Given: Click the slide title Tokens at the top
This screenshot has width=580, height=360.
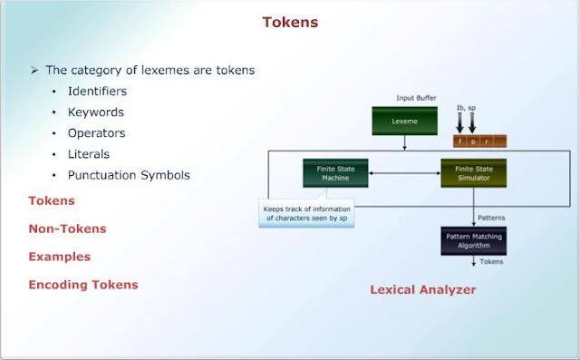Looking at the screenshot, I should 290,22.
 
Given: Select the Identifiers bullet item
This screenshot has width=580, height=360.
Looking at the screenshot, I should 97,92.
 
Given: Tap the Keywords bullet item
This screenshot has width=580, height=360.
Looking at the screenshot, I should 95,112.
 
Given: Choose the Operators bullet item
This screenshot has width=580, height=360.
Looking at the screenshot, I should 96,133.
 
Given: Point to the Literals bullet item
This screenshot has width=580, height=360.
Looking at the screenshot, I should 90,154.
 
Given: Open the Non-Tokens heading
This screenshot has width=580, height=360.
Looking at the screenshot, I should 66,229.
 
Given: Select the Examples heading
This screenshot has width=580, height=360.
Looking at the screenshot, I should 59,257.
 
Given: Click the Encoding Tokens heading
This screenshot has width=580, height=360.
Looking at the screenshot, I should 83,285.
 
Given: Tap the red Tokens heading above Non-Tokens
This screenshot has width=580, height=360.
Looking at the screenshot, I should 52,200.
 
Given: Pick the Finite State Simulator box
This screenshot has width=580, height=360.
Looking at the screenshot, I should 473,172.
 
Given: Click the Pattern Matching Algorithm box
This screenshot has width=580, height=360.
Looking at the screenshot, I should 472,239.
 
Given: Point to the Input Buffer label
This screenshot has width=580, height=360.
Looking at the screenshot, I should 417,97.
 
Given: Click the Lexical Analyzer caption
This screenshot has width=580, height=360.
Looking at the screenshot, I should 422,290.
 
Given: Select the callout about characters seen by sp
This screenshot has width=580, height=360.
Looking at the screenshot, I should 305,214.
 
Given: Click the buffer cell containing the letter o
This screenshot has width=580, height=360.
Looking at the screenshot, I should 478,141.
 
